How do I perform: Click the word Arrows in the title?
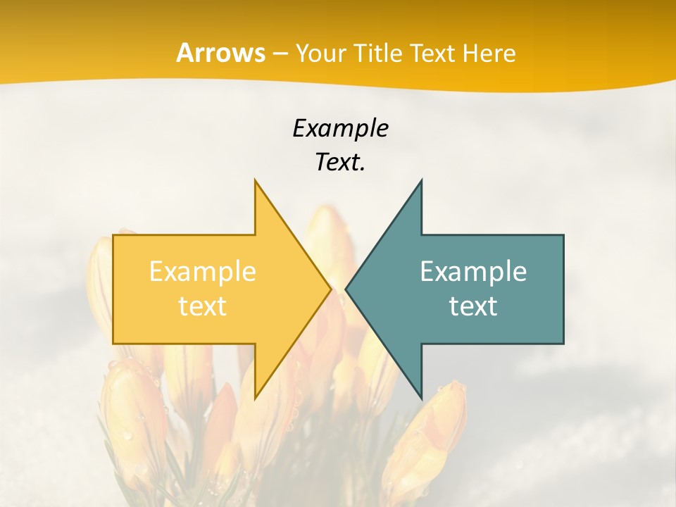click(x=220, y=53)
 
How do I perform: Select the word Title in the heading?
click(x=377, y=54)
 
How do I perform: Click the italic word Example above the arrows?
click(x=340, y=128)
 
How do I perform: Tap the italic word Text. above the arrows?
click(x=340, y=163)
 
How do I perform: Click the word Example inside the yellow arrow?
click(x=203, y=272)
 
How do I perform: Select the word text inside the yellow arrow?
click(x=203, y=306)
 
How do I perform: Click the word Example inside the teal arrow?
click(x=473, y=272)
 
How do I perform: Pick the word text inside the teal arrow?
click(x=473, y=306)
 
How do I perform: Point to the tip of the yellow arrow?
click(x=331, y=289)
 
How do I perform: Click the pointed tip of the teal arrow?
click(x=346, y=289)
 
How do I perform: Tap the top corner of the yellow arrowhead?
click(x=256, y=181)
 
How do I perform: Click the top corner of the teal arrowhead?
click(x=421, y=181)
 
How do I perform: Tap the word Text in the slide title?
click(x=432, y=54)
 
